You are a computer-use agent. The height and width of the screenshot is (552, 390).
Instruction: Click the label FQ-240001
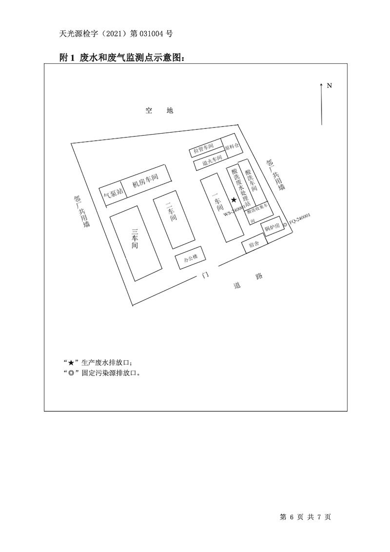pyautogui.click(x=300, y=218)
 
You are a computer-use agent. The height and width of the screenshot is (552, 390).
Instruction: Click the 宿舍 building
pyautogui.click(x=254, y=244)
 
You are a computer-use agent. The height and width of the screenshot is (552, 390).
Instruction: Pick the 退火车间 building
pyautogui.click(x=210, y=161)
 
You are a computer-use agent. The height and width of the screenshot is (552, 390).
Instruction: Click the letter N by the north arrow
pyautogui.click(x=330, y=85)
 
